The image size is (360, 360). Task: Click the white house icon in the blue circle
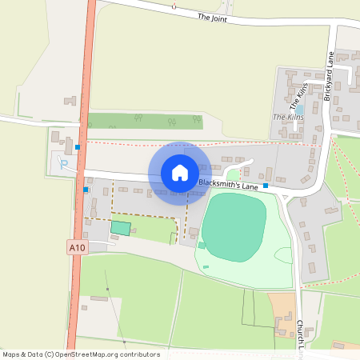(180, 172)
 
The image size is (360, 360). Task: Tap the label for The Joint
(214, 17)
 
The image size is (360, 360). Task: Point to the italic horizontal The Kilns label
(289, 118)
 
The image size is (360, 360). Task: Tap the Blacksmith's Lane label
(228, 186)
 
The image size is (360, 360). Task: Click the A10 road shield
(77, 249)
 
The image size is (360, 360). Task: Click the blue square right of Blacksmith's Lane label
(266, 185)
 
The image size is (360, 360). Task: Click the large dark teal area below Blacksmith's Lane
(234, 227)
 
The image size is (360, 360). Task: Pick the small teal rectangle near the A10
(120, 228)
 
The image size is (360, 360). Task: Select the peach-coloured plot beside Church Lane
(282, 304)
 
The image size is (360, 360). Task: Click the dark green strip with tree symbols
(144, 121)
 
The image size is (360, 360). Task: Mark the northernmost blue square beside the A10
(78, 147)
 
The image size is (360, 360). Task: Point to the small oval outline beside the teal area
(285, 254)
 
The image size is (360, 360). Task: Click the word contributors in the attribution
(141, 354)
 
